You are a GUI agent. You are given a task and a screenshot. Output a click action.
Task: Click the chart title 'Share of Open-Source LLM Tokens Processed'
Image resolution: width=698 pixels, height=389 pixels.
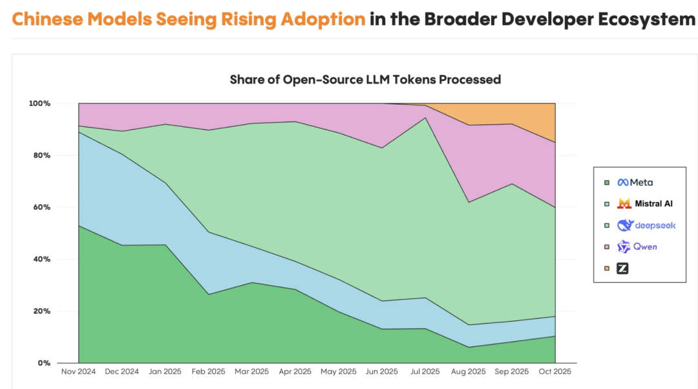coord(365,80)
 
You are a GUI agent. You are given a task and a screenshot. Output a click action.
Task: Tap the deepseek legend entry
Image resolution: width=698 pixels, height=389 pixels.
coord(646,225)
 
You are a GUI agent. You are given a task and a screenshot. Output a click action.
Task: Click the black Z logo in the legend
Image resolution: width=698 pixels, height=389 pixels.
coord(622,268)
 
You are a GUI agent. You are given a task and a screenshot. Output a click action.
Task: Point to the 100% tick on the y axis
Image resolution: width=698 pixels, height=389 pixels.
coord(39,104)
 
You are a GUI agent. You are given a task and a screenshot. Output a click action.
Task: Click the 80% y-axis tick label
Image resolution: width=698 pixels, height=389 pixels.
coord(41,155)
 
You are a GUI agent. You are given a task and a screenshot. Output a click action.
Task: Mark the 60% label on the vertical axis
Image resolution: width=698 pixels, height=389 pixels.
coord(41,207)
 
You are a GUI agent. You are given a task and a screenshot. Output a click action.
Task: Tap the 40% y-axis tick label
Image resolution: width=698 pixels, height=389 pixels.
coord(41,259)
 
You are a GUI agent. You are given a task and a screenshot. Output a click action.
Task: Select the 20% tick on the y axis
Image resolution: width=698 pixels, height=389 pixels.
coord(41,311)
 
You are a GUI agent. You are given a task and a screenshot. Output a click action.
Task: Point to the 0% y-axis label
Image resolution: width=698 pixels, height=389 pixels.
coord(43,363)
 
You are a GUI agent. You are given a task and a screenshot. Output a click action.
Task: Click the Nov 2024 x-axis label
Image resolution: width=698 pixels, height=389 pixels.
coord(78,372)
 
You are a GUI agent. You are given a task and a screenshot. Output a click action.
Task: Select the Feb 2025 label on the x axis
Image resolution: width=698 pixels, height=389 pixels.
coord(208,372)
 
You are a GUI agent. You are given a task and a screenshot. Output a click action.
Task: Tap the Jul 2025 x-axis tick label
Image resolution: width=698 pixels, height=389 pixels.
coord(425,372)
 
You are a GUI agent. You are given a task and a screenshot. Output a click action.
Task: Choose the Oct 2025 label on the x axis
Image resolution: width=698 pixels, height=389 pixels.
coord(555,372)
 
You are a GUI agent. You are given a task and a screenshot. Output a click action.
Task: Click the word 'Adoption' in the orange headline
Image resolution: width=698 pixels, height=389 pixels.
coord(323,19)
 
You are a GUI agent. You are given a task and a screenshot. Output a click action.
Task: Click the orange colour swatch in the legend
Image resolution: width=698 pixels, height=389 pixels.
coord(606,268)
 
